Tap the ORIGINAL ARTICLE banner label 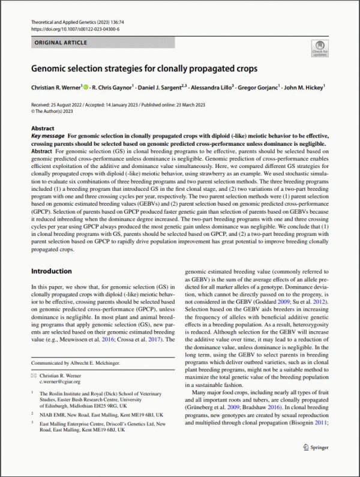61,43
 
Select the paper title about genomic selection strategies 144,68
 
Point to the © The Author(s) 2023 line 52,111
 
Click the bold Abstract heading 43,128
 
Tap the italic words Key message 47,136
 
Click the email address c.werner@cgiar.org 61,382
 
